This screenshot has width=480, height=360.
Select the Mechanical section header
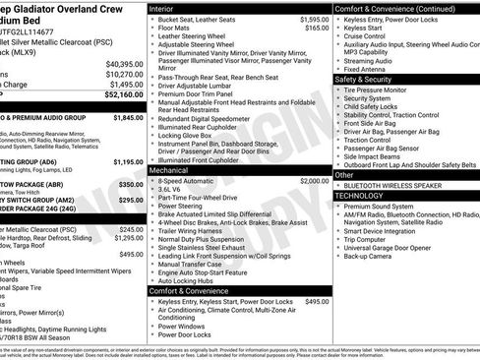point(174,170)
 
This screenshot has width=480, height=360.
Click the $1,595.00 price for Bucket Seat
point(312,20)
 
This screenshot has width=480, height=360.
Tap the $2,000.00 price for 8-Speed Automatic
point(312,182)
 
